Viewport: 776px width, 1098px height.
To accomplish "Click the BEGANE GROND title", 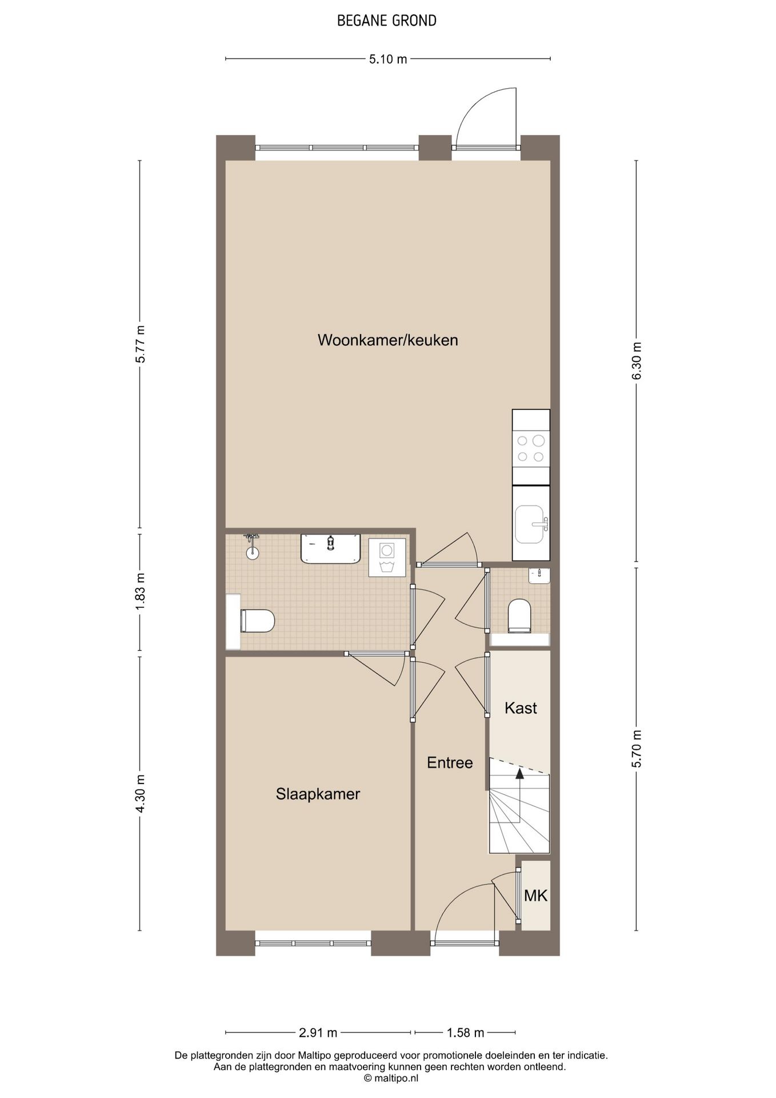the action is pos(387,21).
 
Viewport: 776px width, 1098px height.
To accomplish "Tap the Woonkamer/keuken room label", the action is pos(388,340).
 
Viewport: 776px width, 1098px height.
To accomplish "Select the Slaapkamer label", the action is pos(318,794).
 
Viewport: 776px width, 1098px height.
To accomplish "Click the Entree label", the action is pos(450,762).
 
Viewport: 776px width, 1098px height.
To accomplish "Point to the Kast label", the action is pos(521,708).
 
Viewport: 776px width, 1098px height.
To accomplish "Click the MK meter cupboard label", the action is pos(536,896).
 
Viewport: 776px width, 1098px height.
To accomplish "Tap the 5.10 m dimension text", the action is pos(388,59).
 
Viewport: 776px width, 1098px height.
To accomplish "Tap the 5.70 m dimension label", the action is pos(637,749).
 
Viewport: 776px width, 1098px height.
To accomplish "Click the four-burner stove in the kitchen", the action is pos(531,448).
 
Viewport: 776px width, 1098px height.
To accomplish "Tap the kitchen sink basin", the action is pos(531,523).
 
